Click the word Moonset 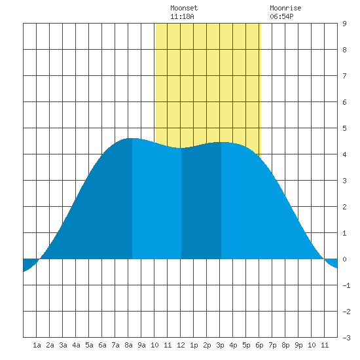click(x=184, y=8)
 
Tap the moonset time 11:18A click(x=182, y=16)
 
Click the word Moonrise click(x=285, y=8)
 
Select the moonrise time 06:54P click(x=281, y=16)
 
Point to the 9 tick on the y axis click(x=344, y=24)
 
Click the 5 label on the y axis click(x=344, y=128)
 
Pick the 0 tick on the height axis click(x=344, y=259)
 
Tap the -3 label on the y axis click(x=346, y=338)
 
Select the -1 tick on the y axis click(x=346, y=285)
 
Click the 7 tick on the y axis click(x=344, y=76)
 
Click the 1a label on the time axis click(x=37, y=345)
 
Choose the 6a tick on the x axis click(x=102, y=345)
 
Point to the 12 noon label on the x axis click(x=181, y=345)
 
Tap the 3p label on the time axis click(x=220, y=345)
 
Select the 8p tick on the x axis click(x=285, y=345)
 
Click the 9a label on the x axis click(x=141, y=345)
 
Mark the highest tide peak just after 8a click(x=132, y=139)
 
